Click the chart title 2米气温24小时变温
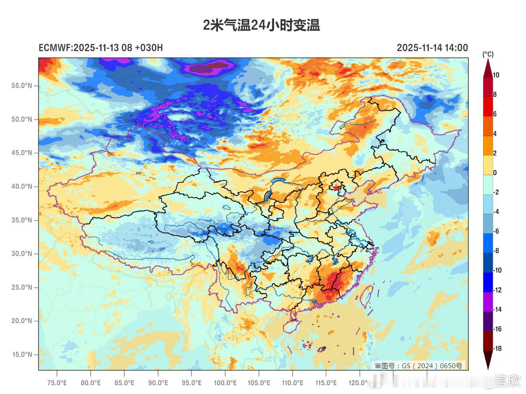261,25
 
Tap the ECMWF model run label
101,48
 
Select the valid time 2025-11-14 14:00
432,48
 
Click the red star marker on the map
336,188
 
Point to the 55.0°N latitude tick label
21,86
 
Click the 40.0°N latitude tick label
21,186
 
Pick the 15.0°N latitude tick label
21,355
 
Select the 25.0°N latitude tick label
21,287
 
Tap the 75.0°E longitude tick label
57,383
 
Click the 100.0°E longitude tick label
225,383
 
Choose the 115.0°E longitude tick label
326,383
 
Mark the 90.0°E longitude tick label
158,383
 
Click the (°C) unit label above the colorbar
488,54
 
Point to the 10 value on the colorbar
496,75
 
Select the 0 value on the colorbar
495,172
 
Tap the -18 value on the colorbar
497,348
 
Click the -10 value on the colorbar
497,270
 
